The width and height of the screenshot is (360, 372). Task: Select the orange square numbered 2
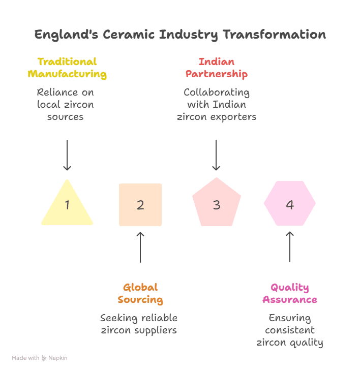[x=140, y=204]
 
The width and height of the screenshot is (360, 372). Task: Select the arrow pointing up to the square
[x=140, y=247]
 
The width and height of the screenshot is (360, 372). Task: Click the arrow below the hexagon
[x=290, y=247]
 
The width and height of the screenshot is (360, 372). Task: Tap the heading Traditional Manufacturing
[x=67, y=68]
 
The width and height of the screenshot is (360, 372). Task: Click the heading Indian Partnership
[x=216, y=68]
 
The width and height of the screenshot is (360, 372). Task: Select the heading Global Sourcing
[x=140, y=293]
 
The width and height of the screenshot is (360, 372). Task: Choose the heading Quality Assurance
[x=290, y=293]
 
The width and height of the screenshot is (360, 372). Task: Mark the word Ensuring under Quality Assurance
[x=290, y=318]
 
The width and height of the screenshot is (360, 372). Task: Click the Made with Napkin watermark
[x=40, y=358]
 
